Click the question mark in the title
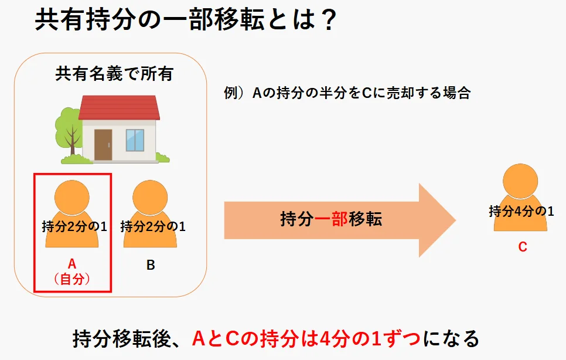pyautogui.click(x=326, y=22)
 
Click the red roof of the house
pyautogui.click(x=120, y=108)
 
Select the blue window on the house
pyautogui.click(x=135, y=140)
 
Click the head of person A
pyautogui.click(x=71, y=197)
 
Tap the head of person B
pyautogui.click(x=150, y=197)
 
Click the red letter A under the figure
pyautogui.click(x=72, y=264)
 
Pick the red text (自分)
pyautogui.click(x=72, y=279)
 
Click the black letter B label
pyautogui.click(x=151, y=265)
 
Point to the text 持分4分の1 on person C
pyautogui.click(x=521, y=211)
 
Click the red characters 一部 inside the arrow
pyautogui.click(x=332, y=220)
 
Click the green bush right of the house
pyautogui.click(x=162, y=157)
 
